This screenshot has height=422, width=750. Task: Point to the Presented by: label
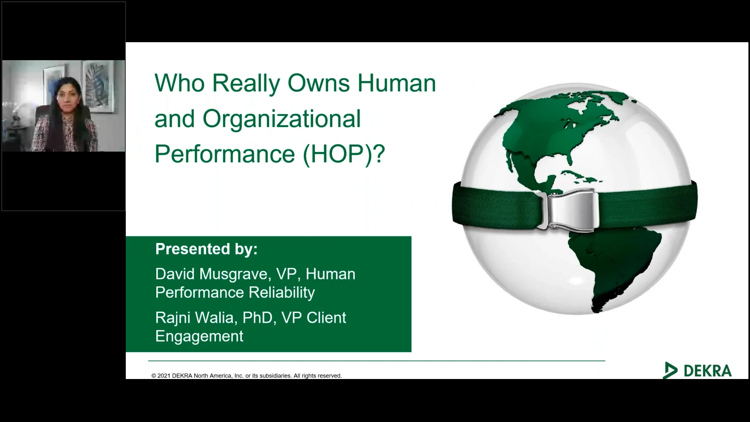206,249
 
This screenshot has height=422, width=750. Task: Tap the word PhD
257,318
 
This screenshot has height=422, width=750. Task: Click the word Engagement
199,336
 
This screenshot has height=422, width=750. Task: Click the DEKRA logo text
707,371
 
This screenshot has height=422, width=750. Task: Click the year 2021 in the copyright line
164,376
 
